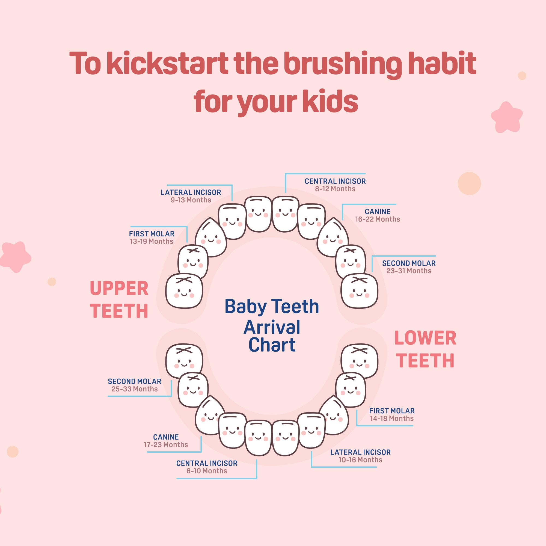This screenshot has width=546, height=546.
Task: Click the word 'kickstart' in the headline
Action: [168, 63]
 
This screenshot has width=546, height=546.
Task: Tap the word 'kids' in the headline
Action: [330, 101]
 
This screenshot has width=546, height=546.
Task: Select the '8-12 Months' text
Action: [335, 189]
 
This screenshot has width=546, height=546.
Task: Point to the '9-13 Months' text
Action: [191, 200]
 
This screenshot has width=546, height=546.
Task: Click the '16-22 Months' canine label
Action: [378, 219]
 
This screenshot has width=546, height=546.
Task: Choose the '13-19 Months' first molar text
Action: [152, 241]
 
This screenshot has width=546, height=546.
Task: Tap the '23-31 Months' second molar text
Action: [409, 271]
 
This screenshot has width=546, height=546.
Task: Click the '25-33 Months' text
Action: [135, 389]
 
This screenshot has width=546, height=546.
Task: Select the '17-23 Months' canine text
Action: [166, 444]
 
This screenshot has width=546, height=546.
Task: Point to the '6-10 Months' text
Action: [207, 471]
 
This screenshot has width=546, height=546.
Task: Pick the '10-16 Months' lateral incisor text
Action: [360, 460]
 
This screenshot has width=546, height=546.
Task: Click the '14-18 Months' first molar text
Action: [392, 418]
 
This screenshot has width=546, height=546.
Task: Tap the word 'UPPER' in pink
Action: [119, 289]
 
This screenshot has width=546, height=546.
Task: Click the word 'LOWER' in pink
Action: [425, 338]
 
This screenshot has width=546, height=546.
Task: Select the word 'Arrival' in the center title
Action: [272, 327]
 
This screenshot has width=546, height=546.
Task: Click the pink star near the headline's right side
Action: [507, 117]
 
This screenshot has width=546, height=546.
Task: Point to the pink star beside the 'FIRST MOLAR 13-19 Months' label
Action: [15, 257]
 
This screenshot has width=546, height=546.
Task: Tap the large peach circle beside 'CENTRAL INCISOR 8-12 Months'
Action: [469, 183]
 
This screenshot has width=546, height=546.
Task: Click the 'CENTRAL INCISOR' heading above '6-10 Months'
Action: [207, 463]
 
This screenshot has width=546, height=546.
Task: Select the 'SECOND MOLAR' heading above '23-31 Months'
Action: [409, 263]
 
